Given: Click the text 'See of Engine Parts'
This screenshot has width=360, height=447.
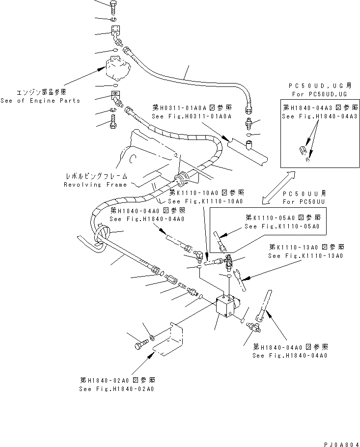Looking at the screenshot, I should click(40, 101).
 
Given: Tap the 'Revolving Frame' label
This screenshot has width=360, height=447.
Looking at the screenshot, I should click(95, 185).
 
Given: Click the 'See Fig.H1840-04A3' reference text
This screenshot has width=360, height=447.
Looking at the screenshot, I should click(319, 116).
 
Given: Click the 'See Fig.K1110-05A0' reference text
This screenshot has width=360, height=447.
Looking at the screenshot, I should click(282, 226).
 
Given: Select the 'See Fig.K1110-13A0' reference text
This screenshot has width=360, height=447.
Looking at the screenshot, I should click(305, 256).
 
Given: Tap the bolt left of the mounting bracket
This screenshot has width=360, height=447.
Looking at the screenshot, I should click(139, 345).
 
